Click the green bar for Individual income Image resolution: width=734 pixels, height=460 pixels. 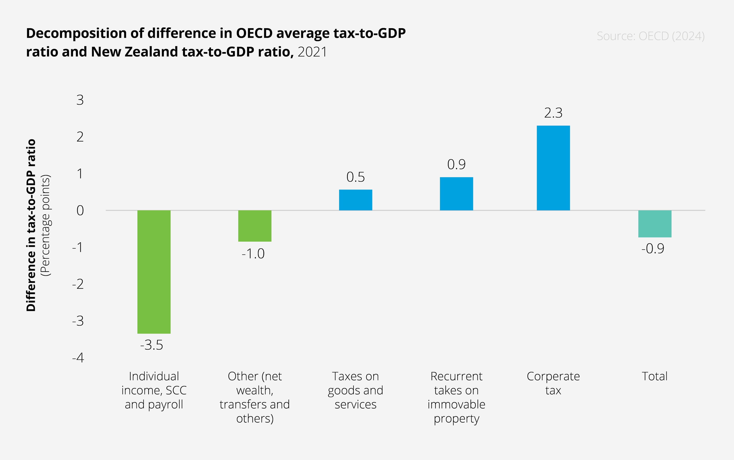coord(154,272)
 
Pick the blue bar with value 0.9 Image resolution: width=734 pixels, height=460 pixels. coord(456,194)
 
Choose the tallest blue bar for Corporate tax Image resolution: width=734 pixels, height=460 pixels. coord(553,168)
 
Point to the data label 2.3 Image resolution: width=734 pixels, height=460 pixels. coord(553,113)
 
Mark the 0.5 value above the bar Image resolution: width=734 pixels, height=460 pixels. coord(355,177)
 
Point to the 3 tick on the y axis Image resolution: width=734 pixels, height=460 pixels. coord(80,100)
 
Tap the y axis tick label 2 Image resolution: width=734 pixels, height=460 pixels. coord(80,137)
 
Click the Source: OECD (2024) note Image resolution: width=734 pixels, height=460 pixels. coord(651,36)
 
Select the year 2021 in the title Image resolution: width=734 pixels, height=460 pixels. coord(312,52)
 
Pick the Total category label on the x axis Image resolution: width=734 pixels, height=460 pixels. coord(655,376)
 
